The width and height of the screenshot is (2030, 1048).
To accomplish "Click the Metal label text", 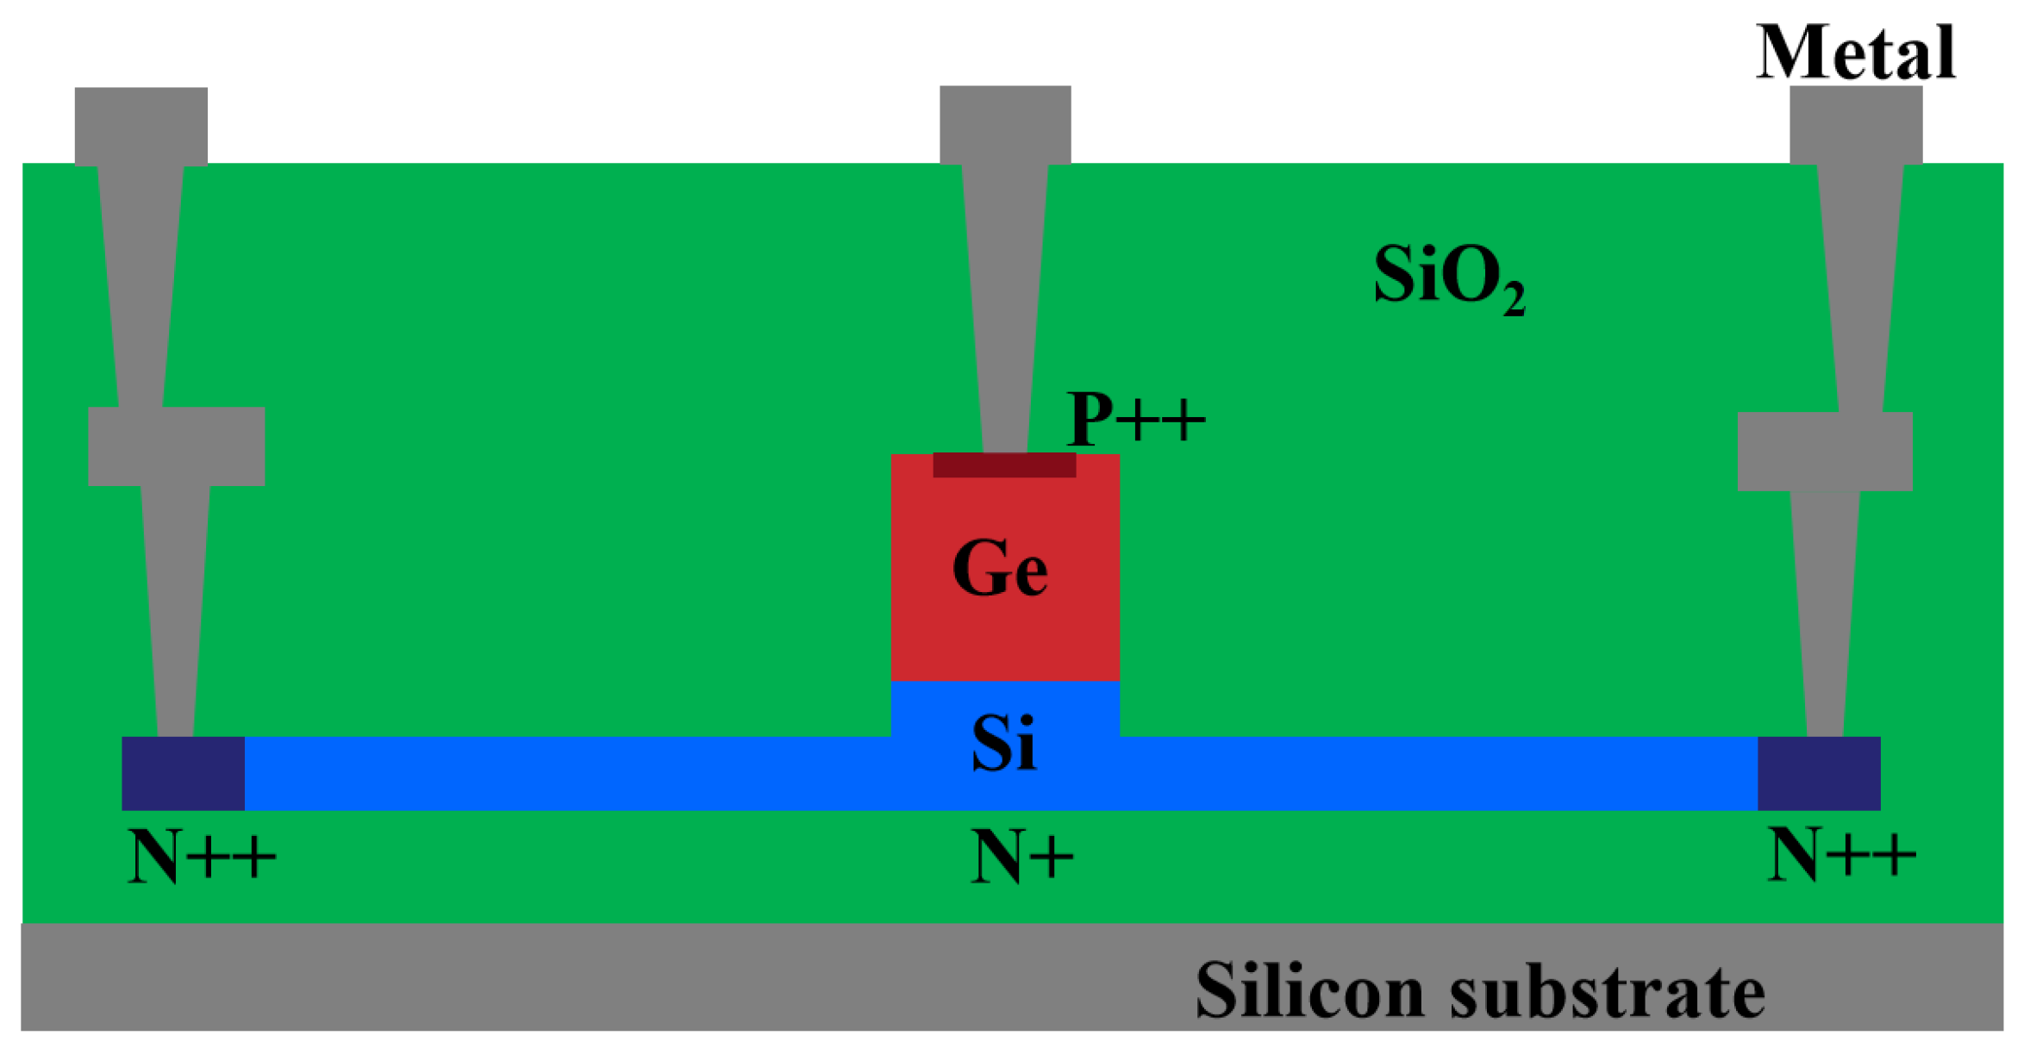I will pos(1855,53).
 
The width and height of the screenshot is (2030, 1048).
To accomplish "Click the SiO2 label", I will pos(1447,278).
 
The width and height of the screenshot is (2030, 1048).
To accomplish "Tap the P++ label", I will pos(1134,419).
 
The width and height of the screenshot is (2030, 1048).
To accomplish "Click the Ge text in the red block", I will pos(999,568).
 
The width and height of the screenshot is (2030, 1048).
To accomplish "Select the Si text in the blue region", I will pos(1003,743).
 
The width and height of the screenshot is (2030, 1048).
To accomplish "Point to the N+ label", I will pos(1021,857).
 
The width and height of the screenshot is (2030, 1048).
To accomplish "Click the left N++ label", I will pos(201,857).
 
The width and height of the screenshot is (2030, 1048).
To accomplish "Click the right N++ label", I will pos(1841,855).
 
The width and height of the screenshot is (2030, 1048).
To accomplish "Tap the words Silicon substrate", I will pos(1479,990).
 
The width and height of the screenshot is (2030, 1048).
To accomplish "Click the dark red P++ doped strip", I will pos(1003,465).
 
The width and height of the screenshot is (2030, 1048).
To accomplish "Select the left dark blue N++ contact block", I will pos(183,773).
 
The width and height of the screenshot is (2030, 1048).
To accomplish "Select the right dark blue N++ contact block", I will pos(1819,773).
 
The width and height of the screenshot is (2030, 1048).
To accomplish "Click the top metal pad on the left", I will pos(141,126).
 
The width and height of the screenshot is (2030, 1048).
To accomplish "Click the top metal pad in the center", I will pos(1005,124).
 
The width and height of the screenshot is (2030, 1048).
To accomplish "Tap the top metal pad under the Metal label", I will pos(1856,124).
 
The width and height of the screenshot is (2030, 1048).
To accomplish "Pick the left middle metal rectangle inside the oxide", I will pos(176,446).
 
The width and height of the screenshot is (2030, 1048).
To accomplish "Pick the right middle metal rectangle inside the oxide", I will pos(1825,452).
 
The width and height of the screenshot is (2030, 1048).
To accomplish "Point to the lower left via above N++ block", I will pos(175,612).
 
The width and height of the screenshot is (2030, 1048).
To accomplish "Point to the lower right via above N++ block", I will pos(1825,614).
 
